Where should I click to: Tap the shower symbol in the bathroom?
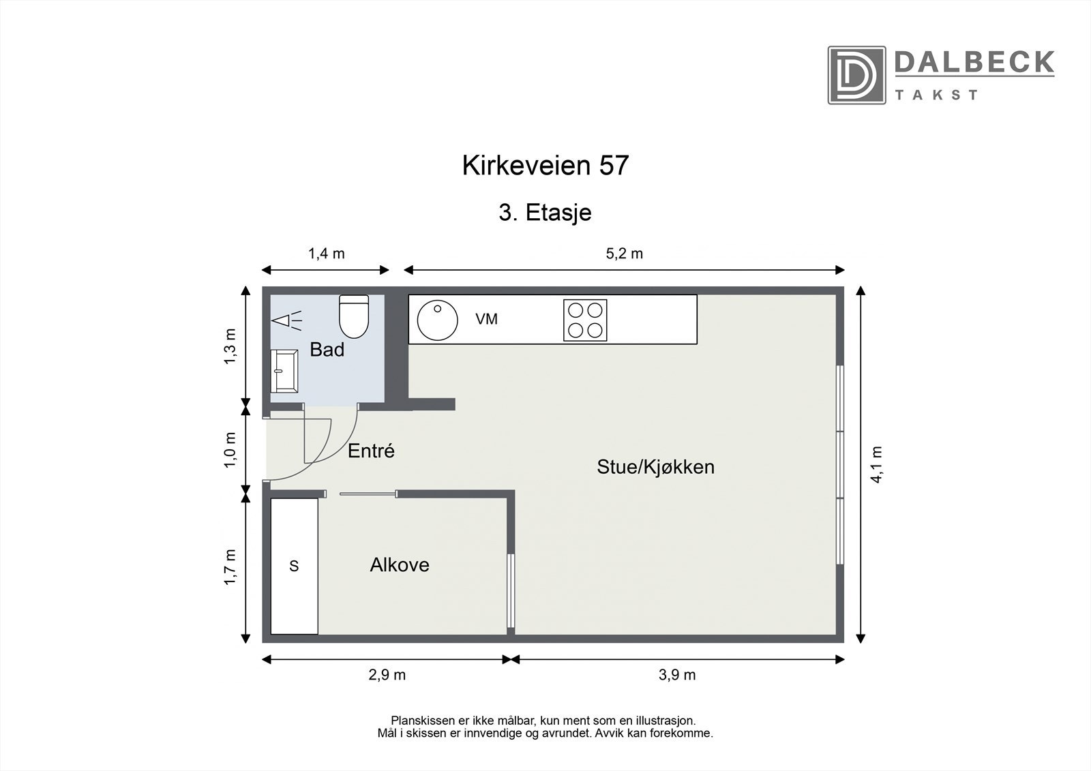click(x=286, y=320)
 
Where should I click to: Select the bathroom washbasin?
click(x=284, y=371)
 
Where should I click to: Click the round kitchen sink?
click(x=437, y=320)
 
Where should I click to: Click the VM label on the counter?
click(x=486, y=318)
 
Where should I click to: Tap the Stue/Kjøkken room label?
click(x=655, y=467)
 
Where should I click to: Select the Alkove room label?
click(x=400, y=565)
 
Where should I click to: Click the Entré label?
click(x=371, y=451)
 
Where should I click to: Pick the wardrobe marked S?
click(x=294, y=566)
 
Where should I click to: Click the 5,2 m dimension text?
click(x=624, y=254)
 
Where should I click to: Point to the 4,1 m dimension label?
click(x=877, y=464)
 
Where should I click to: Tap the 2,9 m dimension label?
click(x=387, y=675)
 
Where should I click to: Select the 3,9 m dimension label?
click(x=677, y=675)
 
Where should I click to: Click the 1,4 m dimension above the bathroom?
click(x=326, y=254)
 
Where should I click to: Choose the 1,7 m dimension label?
click(x=231, y=566)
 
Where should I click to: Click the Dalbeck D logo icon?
click(x=856, y=75)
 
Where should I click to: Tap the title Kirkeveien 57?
click(x=545, y=166)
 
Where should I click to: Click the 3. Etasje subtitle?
click(x=545, y=213)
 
